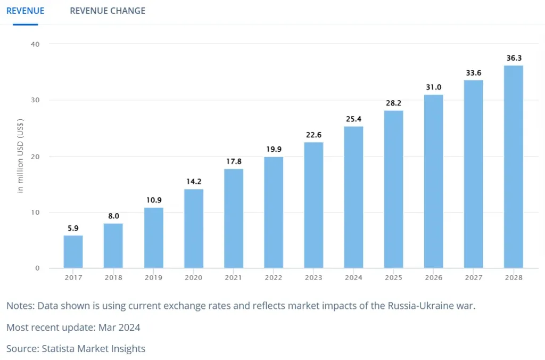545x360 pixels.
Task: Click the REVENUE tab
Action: pos(25,11)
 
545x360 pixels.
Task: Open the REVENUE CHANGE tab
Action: pos(108,11)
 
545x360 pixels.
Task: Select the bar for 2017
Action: pos(73,251)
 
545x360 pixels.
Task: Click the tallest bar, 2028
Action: pos(514,166)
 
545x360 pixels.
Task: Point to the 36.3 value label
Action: pos(514,58)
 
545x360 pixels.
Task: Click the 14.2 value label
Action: pos(193,182)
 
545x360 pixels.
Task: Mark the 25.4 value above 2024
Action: pos(353,119)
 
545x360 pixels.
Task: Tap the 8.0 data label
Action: pos(113,216)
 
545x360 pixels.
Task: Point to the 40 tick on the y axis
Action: pos(35,44)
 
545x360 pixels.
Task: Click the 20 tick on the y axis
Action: pos(35,156)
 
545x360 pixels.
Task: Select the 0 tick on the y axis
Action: pos(37,268)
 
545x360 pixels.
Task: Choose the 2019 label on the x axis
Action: pos(153,277)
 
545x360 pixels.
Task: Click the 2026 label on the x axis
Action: pos(434,277)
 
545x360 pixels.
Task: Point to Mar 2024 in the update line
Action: pos(120,328)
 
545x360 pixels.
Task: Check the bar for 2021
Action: pos(233,218)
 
